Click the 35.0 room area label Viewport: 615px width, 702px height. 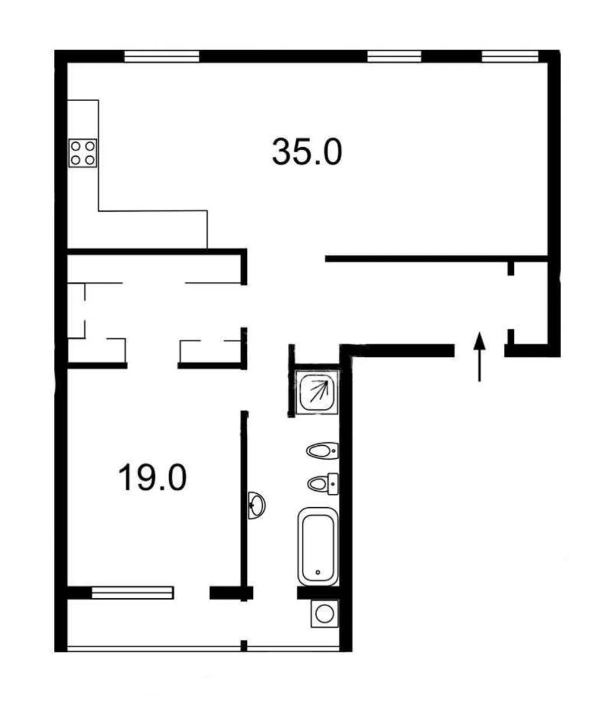point(307,152)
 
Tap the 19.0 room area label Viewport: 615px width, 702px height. point(153,477)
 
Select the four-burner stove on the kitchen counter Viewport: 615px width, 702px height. point(83,153)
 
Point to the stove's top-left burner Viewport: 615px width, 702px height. point(75,146)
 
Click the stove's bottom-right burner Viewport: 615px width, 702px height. point(90,160)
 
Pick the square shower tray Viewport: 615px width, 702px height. point(317,392)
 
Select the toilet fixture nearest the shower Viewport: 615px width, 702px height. point(322,450)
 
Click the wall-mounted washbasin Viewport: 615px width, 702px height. point(257,505)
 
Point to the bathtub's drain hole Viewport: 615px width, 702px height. point(318,572)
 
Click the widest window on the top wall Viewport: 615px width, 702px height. point(162,57)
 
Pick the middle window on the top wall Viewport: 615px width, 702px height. point(394,57)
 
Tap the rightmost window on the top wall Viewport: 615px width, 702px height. point(510,57)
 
